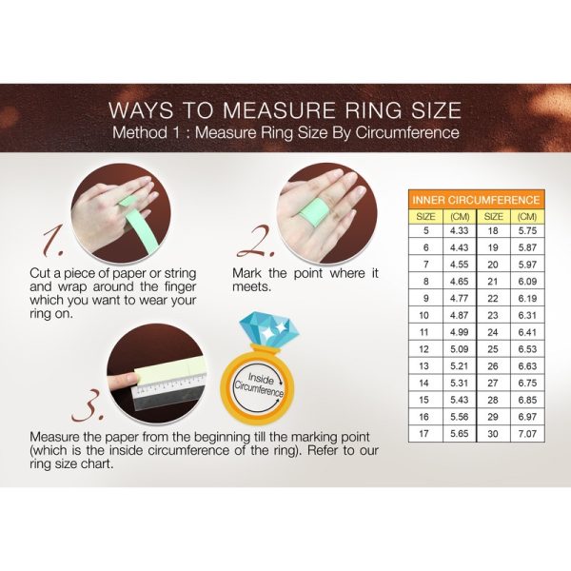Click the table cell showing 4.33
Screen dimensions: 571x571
coord(460,230)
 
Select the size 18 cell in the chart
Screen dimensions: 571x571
coord(493,230)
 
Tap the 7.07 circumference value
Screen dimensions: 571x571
coord(527,434)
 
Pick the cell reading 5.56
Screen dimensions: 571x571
coord(460,417)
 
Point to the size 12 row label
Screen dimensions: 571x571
coord(424,349)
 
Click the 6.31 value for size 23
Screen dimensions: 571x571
coord(527,315)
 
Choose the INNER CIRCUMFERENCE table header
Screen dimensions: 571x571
coord(477,200)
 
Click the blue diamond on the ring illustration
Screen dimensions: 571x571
coord(268,330)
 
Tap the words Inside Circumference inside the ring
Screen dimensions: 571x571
coord(259,384)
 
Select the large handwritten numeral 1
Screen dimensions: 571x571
coord(52,241)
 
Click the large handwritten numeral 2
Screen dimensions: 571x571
coord(256,241)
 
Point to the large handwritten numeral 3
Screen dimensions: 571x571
coord(89,405)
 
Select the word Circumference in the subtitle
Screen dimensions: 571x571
coord(407,133)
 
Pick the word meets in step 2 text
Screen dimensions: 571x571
coord(251,287)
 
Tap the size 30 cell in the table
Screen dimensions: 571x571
coord(493,434)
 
